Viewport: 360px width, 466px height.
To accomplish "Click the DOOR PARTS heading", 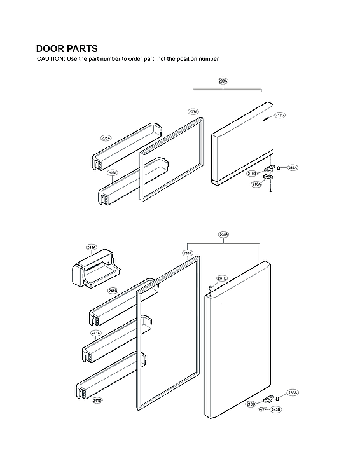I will click(67, 48).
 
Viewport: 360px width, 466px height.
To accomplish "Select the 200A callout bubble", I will click(223, 81).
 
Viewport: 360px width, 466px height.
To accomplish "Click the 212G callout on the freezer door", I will click(280, 115).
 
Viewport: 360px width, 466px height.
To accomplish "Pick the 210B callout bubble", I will click(252, 173).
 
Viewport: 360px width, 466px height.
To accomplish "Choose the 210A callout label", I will click(256, 184).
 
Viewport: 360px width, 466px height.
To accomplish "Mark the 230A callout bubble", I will click(223, 235).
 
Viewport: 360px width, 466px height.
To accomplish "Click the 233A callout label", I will click(188, 253).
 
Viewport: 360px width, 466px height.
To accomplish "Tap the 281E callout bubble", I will click(221, 278).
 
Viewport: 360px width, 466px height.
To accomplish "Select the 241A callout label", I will click(91, 247).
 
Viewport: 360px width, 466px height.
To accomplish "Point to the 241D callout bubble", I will click(97, 400).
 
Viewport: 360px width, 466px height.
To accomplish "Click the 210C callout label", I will click(251, 404).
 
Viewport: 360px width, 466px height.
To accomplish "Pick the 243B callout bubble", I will click(275, 410).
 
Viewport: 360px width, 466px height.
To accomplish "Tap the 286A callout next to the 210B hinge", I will click(292, 168).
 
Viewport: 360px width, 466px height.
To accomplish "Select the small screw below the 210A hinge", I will click(271, 191).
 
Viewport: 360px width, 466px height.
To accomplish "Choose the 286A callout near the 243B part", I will click(292, 394).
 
